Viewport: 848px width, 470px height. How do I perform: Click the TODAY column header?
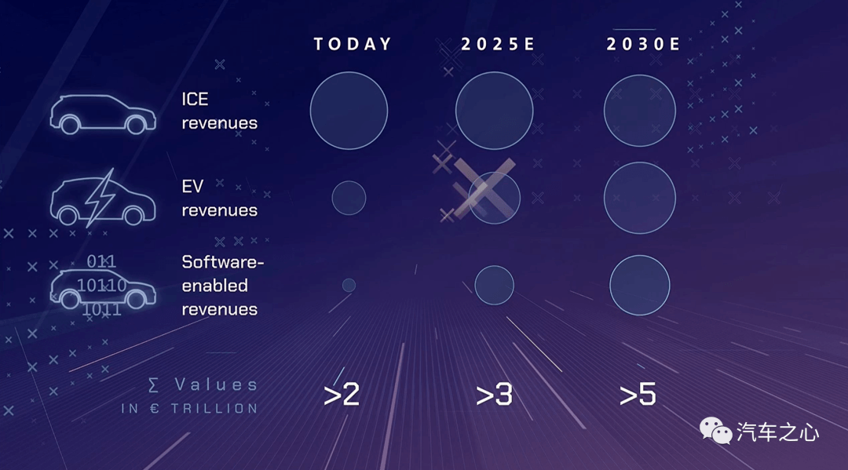tap(353, 44)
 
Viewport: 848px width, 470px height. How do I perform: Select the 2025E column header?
tap(498, 44)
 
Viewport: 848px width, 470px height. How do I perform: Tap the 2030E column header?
tap(642, 44)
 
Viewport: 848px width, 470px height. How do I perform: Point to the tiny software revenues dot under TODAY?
tap(349, 286)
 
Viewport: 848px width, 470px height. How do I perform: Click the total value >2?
tap(342, 395)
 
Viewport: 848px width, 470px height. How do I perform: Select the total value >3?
tap(494, 395)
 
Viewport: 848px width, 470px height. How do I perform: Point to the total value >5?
tap(638, 395)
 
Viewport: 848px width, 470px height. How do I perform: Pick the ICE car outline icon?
tap(103, 115)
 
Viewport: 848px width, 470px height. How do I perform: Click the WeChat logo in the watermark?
tap(715, 431)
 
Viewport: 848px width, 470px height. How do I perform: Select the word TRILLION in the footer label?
tap(214, 409)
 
